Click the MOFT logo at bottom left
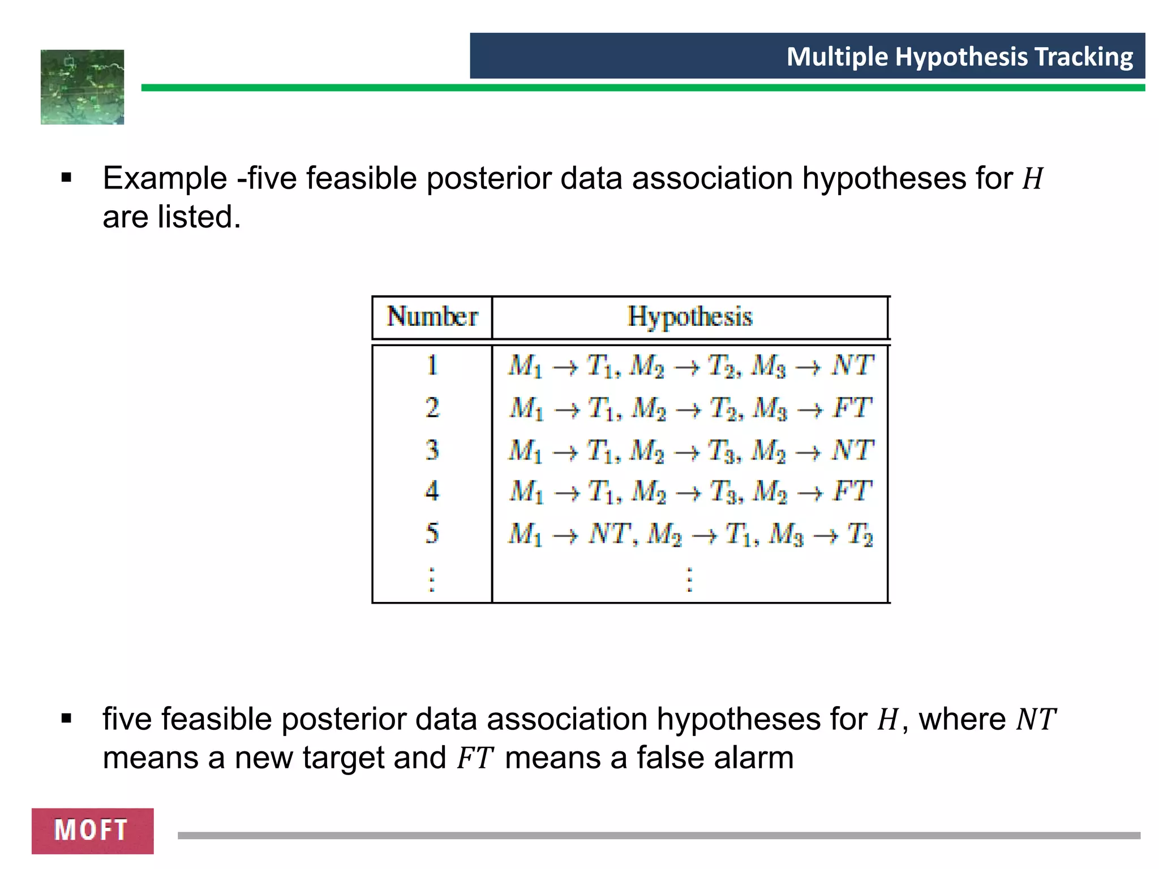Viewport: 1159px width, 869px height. point(92,831)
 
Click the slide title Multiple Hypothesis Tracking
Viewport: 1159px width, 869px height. point(959,57)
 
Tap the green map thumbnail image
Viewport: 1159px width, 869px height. point(83,87)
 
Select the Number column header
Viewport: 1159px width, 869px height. point(432,317)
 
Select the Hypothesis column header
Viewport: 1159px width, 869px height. point(690,317)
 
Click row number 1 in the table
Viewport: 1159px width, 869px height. point(432,365)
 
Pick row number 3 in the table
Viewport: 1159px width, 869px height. point(432,450)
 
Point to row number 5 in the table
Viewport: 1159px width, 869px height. point(432,533)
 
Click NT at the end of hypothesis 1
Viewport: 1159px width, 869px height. point(852,365)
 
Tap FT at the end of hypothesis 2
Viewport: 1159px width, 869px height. point(852,408)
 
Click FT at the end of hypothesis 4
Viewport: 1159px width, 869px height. point(852,491)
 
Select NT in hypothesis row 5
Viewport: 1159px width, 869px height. point(609,533)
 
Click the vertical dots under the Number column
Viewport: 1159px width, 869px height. point(432,580)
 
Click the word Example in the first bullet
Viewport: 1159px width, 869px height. point(165,179)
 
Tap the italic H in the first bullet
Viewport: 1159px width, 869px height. point(1032,179)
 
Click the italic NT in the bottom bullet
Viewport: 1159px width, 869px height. point(1036,720)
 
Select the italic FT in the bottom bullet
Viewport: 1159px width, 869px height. point(475,759)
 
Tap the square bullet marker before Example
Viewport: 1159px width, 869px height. point(67,179)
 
